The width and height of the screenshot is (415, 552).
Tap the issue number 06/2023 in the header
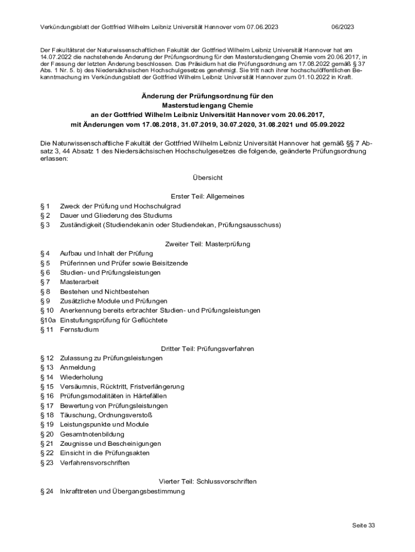click(342, 26)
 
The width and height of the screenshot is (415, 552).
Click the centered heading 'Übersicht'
click(207, 177)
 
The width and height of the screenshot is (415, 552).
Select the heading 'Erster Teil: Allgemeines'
click(207, 196)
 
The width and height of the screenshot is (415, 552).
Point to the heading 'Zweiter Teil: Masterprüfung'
click(207, 244)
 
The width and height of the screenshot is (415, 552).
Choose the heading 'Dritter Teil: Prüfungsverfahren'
click(207, 349)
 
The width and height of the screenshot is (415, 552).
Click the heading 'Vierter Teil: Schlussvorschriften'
click(207, 481)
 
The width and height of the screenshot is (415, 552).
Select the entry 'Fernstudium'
click(79, 329)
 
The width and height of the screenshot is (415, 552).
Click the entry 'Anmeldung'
click(78, 368)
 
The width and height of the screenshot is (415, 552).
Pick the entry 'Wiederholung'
click(81, 377)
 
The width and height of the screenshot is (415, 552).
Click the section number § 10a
click(48, 320)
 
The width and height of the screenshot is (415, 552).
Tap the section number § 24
click(47, 492)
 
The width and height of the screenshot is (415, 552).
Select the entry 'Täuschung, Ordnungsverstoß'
click(106, 415)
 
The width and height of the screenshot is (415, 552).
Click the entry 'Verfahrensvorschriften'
click(95, 463)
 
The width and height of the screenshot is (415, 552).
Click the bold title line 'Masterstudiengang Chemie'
click(207, 105)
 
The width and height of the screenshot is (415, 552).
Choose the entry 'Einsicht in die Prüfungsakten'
click(105, 453)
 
